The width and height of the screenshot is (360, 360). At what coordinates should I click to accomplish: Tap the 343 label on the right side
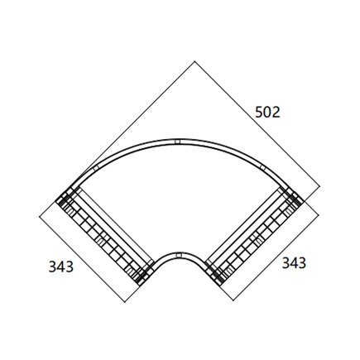tap(295, 262)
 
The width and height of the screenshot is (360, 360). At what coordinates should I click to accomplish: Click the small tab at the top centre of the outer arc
tap(180, 141)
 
